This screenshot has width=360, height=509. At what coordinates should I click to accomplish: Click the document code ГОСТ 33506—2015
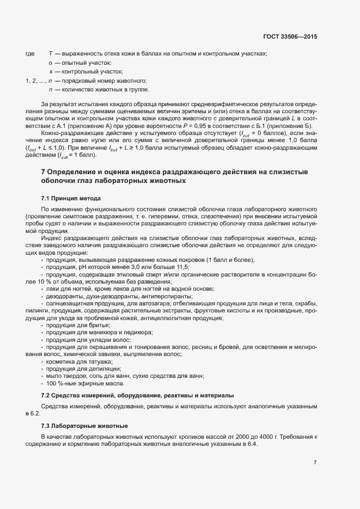tap(289, 36)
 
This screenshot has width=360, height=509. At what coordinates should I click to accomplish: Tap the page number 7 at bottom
tap(315, 463)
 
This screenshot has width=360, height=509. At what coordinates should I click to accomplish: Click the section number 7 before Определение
tap(44, 172)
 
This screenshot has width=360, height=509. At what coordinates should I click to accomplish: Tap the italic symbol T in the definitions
tap(50, 53)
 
